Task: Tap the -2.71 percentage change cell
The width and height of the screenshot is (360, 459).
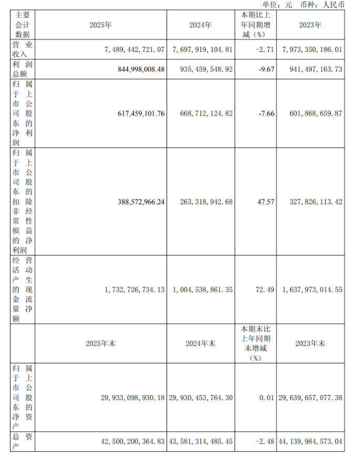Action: pyautogui.click(x=264, y=48)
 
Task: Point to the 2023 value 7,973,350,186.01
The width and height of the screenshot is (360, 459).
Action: pyautogui.click(x=312, y=48)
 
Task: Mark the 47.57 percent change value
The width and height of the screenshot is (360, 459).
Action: pyautogui.click(x=266, y=202)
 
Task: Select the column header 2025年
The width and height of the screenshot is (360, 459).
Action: pyautogui.click(x=101, y=25)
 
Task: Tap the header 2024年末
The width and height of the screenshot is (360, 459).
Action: pyautogui.click(x=200, y=343)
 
